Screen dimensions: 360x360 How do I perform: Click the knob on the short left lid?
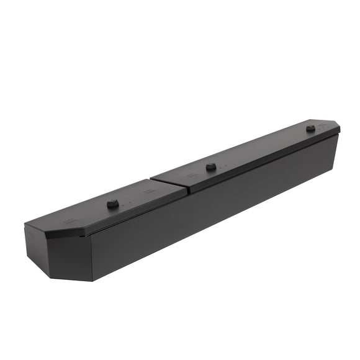(112, 204)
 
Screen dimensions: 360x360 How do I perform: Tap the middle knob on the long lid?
(211, 166)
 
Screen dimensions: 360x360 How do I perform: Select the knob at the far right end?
(310, 128)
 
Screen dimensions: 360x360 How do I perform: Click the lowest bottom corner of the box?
(92, 281)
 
